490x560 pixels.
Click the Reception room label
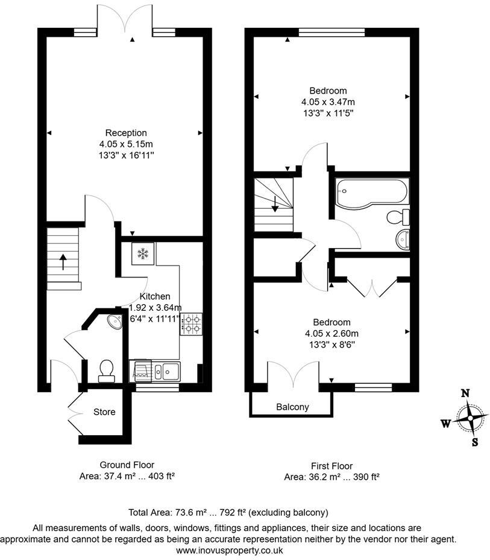coord(126,133)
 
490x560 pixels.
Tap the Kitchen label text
coord(155,296)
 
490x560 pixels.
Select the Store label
coord(104,412)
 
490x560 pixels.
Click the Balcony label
coord(292,407)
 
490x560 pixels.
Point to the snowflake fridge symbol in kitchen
coord(143,253)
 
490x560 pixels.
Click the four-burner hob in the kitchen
coord(191,324)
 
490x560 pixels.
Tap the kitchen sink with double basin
coord(166,371)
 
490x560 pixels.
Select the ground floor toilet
coord(107,370)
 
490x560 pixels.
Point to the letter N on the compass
coord(465,393)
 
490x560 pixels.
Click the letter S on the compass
coord(475,442)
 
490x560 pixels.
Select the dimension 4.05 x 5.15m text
coord(126,144)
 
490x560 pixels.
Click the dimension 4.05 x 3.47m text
coord(328,102)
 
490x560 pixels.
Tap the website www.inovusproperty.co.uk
coord(229,550)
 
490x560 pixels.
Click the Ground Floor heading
coord(127,465)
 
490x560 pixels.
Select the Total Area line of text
coord(229,512)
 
